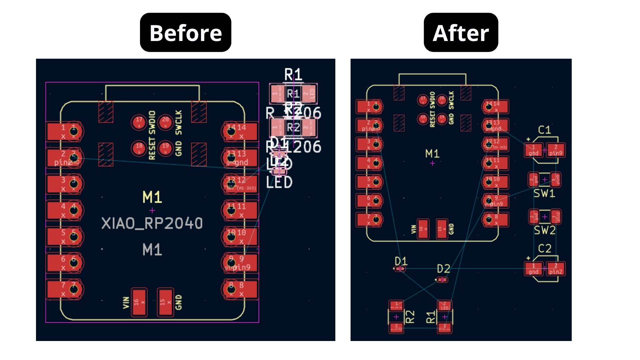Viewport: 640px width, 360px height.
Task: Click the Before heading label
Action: (185, 33)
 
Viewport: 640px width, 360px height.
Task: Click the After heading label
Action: (461, 33)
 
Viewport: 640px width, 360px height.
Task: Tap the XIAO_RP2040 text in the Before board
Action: (152, 223)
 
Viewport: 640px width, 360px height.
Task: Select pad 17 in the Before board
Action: (139, 122)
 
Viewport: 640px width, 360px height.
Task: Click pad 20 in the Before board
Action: (165, 122)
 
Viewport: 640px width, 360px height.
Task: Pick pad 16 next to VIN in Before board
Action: (139, 302)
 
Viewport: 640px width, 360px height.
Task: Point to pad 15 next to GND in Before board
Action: (165, 302)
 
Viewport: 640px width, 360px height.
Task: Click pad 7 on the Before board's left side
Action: (64, 289)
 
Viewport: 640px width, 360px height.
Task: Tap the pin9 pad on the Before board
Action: (240, 263)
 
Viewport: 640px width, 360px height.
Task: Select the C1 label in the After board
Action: (544, 130)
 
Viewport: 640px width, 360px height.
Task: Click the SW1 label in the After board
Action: (544, 193)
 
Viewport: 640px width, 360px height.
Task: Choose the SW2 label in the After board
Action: (545, 230)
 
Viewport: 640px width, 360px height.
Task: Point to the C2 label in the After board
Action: (544, 248)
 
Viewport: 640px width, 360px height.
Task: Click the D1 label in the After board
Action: (401, 261)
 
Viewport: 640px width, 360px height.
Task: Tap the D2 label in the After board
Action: (443, 269)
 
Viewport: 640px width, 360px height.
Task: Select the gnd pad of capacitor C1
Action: (533, 150)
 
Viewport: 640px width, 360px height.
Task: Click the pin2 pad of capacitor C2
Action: (556, 269)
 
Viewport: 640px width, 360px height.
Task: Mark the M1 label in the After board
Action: (432, 154)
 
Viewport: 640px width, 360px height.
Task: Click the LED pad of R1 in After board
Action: (444, 306)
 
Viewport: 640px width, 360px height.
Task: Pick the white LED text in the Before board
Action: (279, 182)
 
